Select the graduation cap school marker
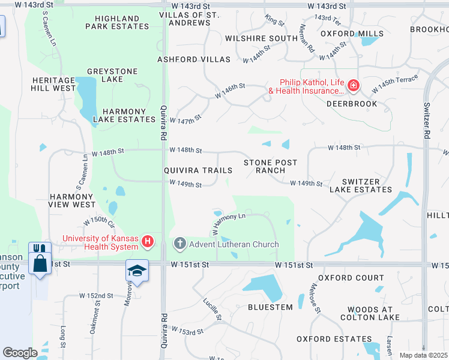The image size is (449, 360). click(136, 271)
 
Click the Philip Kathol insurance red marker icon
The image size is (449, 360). click(354, 85)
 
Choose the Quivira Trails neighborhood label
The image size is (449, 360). click(198, 170)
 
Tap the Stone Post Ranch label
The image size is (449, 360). click(270, 166)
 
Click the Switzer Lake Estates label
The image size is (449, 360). click(358, 185)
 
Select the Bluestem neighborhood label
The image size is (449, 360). click(270, 307)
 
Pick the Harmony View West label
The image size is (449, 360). click(72, 200)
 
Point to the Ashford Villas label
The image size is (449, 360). click(194, 59)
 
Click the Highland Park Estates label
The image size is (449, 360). click(117, 22)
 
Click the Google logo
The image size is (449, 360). click(20, 353)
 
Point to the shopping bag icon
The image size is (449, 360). click(40, 264)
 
